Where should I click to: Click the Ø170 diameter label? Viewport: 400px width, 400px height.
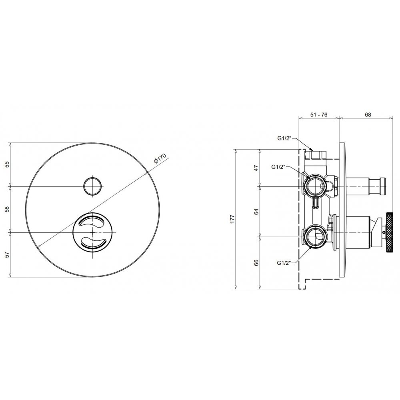coord(160,158)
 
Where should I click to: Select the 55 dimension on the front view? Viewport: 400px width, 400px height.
coord(7,164)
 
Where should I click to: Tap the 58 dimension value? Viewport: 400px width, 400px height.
coord(7,209)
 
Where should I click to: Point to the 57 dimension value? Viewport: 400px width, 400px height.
coord(7,254)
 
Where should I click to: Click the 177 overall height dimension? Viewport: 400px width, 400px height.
coord(232,219)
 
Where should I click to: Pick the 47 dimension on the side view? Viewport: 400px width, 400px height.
coord(256,168)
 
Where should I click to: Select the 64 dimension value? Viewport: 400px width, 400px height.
coord(256,212)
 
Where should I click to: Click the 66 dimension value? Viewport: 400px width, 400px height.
coord(256,263)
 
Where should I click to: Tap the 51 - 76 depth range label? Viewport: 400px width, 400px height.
coord(319,115)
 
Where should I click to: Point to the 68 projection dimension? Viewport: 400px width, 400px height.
coord(368,115)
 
